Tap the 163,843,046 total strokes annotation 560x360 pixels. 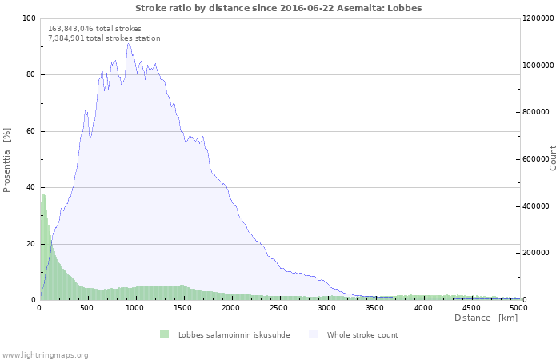coord(94,29)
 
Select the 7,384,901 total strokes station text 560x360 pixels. coord(104,38)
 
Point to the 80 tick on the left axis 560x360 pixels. coord(30,74)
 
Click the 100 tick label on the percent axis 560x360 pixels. coord(29,18)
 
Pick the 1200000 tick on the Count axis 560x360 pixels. coord(538,18)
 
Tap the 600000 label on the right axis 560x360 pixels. coord(535,159)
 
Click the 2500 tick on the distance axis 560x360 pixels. coord(278,307)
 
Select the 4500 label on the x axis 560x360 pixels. coord(471,307)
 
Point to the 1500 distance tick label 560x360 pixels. coord(182,307)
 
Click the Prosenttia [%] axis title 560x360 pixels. coord(6,160)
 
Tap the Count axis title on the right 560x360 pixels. coord(553,158)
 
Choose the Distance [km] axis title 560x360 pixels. coord(486,318)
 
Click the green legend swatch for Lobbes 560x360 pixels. coord(164,334)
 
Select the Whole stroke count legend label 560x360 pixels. coord(362,335)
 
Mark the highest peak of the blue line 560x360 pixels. coord(128,43)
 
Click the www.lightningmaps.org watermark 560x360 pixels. coord(46,355)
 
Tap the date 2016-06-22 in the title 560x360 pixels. coord(307,8)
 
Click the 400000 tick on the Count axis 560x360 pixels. coord(535,206)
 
